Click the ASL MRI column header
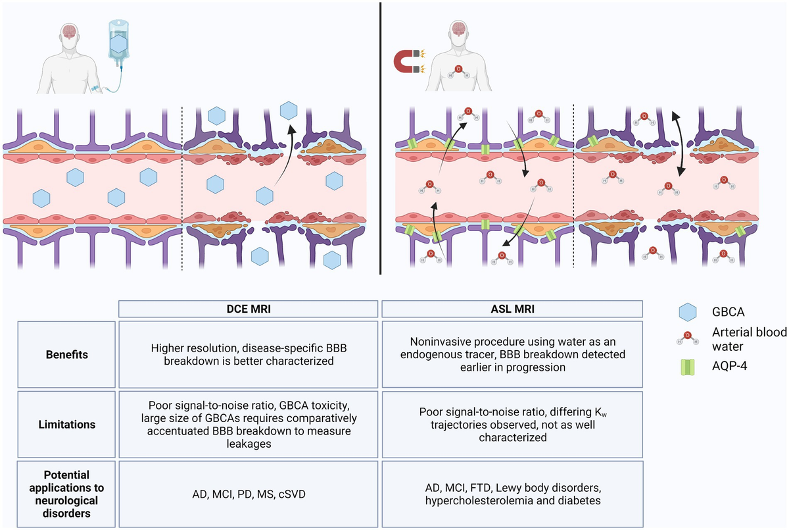click(x=512, y=309)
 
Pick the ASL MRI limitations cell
click(x=512, y=425)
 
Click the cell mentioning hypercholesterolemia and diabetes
click(x=512, y=494)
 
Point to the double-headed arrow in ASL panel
click(x=677, y=142)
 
